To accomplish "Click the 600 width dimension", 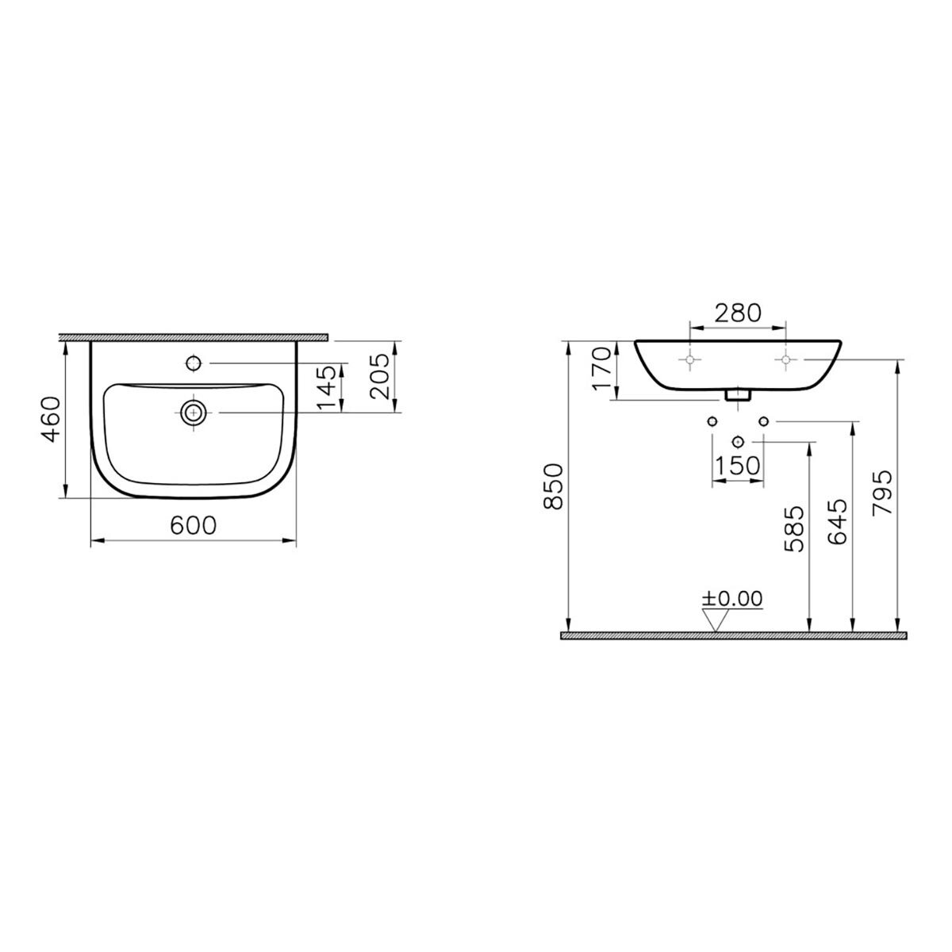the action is tap(193, 525).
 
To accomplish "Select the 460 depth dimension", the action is tap(52, 419).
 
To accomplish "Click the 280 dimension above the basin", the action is tap(738, 313).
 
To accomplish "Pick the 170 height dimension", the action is tap(602, 368).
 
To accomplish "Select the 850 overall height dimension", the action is tap(553, 486).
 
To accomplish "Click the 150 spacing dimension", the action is tap(738, 466).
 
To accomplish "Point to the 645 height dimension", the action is tap(838, 522).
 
